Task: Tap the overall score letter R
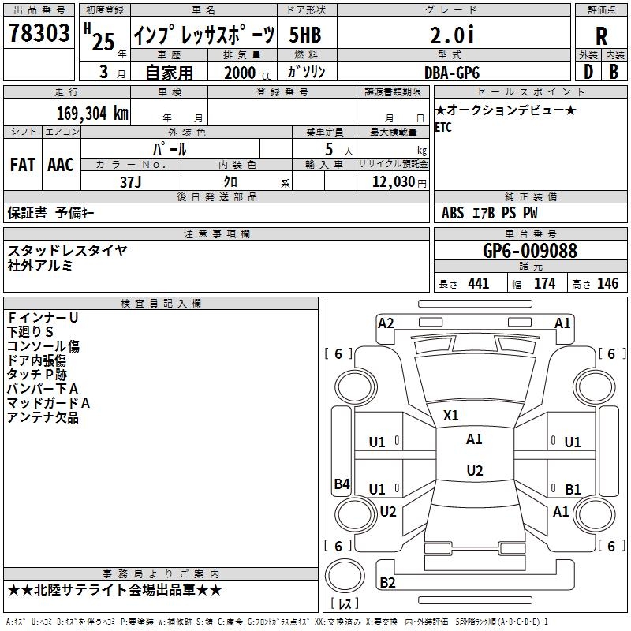click(x=601, y=36)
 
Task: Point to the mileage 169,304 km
click(x=91, y=114)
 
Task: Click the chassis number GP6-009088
click(x=530, y=251)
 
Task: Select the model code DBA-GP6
click(x=452, y=72)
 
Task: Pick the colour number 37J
click(x=131, y=181)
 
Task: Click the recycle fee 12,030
click(x=393, y=181)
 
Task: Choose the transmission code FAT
click(x=22, y=165)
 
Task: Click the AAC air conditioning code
click(x=61, y=165)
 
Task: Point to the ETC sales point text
click(x=443, y=128)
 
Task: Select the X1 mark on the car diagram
click(x=451, y=415)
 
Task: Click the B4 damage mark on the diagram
click(x=342, y=484)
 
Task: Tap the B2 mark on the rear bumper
click(x=387, y=583)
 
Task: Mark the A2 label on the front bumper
click(x=386, y=323)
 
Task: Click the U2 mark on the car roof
click(x=474, y=471)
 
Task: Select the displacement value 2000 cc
click(x=246, y=73)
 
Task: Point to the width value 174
click(x=544, y=283)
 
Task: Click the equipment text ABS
click(x=453, y=213)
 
